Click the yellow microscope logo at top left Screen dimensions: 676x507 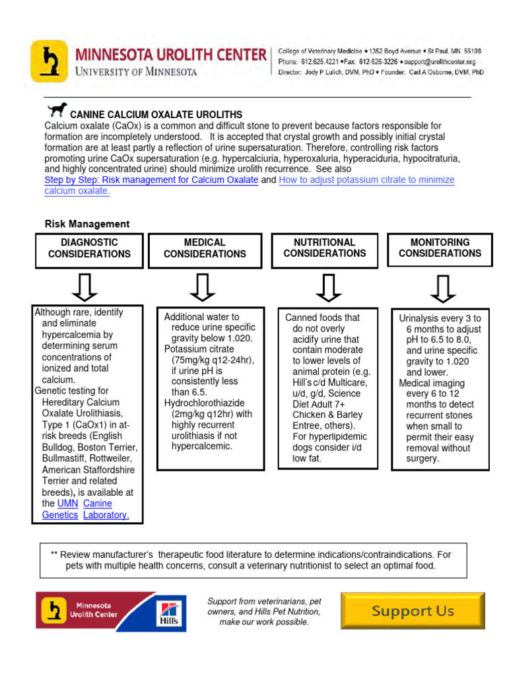(x=48, y=61)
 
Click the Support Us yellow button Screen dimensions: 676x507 (x=412, y=611)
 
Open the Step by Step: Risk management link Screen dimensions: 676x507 (x=151, y=180)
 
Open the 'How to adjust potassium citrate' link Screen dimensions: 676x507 (x=366, y=180)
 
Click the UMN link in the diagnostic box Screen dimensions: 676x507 (x=67, y=504)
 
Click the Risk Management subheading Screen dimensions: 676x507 (x=87, y=224)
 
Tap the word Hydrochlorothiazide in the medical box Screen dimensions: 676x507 (x=204, y=403)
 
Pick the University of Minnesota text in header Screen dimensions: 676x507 (x=135, y=71)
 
